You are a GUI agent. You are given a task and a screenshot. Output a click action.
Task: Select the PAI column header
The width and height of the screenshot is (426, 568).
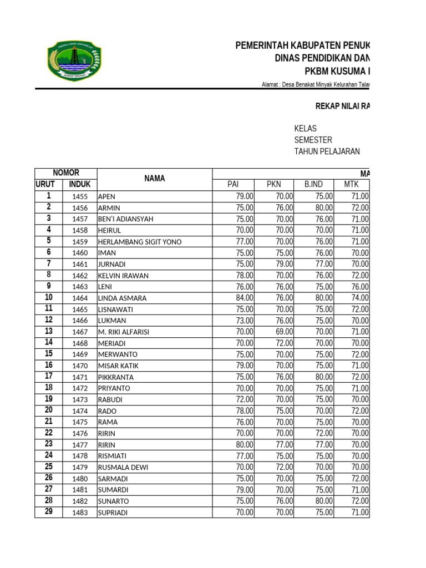(x=233, y=185)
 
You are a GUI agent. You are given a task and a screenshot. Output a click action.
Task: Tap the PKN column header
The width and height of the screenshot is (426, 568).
(x=274, y=185)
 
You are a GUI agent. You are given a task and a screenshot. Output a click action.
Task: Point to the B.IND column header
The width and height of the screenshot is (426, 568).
(x=314, y=185)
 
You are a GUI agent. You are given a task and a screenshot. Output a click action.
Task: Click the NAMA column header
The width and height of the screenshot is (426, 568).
(x=154, y=179)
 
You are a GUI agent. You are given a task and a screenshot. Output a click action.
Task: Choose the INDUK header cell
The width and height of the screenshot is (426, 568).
(x=80, y=185)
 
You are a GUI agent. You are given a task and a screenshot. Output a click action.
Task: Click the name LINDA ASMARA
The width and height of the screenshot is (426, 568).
(x=122, y=298)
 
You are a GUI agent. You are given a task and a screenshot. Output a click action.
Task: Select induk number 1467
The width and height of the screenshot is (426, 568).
(x=80, y=332)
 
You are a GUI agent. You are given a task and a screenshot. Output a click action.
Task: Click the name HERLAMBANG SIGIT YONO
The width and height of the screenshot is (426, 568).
(x=139, y=241)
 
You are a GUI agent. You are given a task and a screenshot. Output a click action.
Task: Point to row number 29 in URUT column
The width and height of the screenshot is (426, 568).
(x=49, y=512)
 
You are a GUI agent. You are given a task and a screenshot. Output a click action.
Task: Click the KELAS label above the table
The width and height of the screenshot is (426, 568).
(x=305, y=129)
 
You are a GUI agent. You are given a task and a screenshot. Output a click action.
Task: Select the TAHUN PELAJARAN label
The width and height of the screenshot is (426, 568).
(x=327, y=151)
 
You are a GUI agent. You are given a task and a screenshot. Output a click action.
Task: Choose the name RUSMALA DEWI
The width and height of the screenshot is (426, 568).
(x=123, y=467)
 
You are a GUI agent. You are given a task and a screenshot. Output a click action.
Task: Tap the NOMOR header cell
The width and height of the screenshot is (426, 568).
(x=65, y=173)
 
